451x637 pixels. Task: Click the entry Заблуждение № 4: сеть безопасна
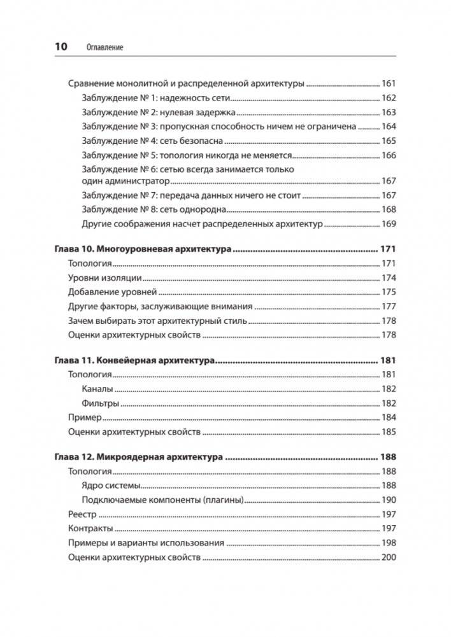pos(153,141)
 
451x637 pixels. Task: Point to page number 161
pos(388,84)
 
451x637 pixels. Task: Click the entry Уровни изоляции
pos(104,278)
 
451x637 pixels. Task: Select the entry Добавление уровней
pos(112,292)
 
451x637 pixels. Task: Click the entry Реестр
pos(82,514)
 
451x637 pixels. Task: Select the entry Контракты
pos(90,529)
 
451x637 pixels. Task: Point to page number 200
pos(388,557)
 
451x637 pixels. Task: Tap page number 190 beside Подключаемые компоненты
pos(388,500)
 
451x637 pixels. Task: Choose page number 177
pos(388,307)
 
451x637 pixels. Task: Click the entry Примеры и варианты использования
pos(146,543)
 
